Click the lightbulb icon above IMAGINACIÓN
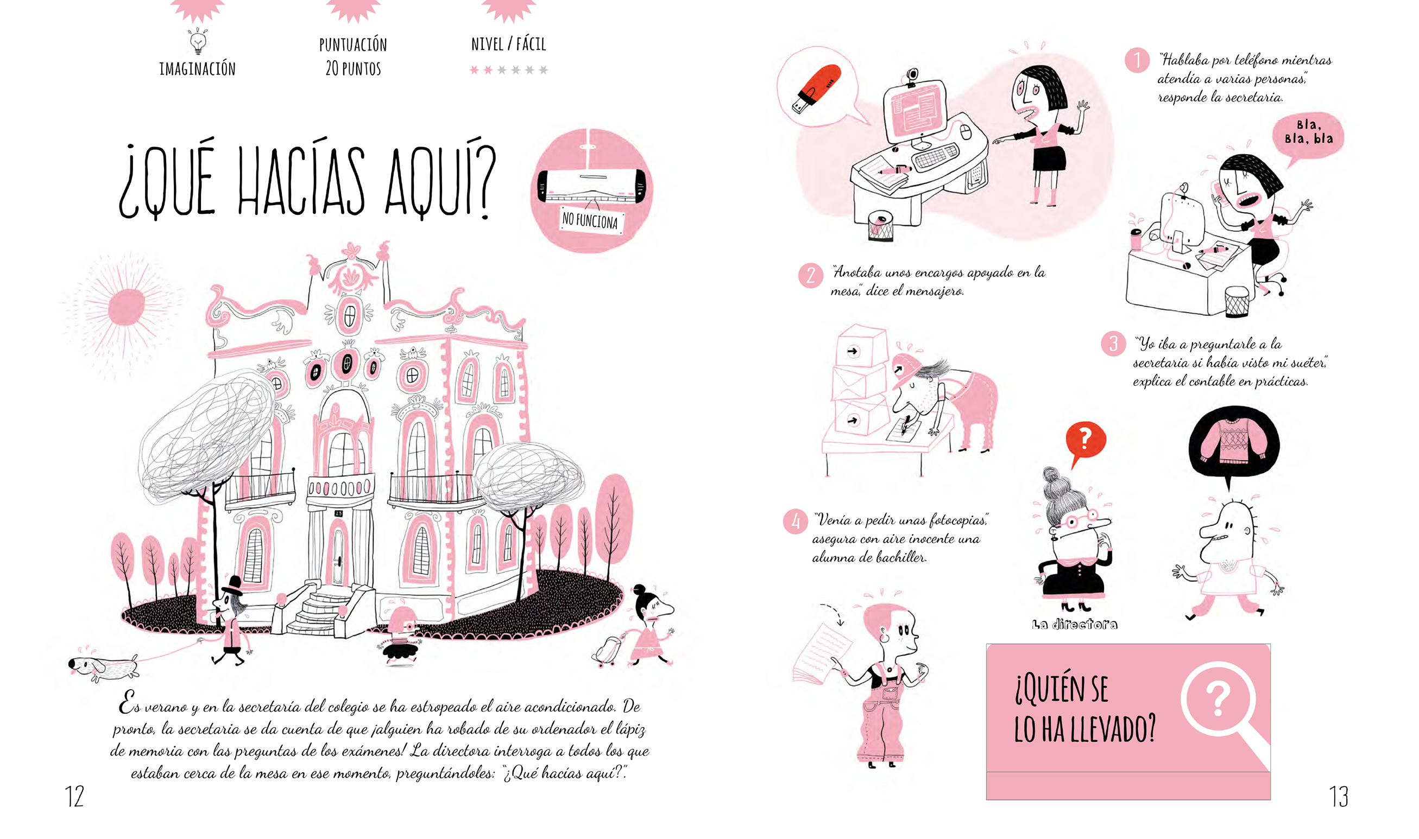(x=197, y=41)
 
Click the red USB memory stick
(x=817, y=89)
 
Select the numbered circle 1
(x=1137, y=60)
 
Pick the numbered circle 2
(x=810, y=275)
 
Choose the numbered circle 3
(x=1114, y=344)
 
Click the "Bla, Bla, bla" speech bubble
(x=1308, y=136)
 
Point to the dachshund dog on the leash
(x=103, y=668)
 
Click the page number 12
(x=74, y=796)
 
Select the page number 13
(x=1338, y=796)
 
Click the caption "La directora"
(x=1075, y=624)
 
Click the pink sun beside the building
(x=126, y=308)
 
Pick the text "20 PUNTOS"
(x=354, y=69)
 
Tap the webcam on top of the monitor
(x=912, y=77)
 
